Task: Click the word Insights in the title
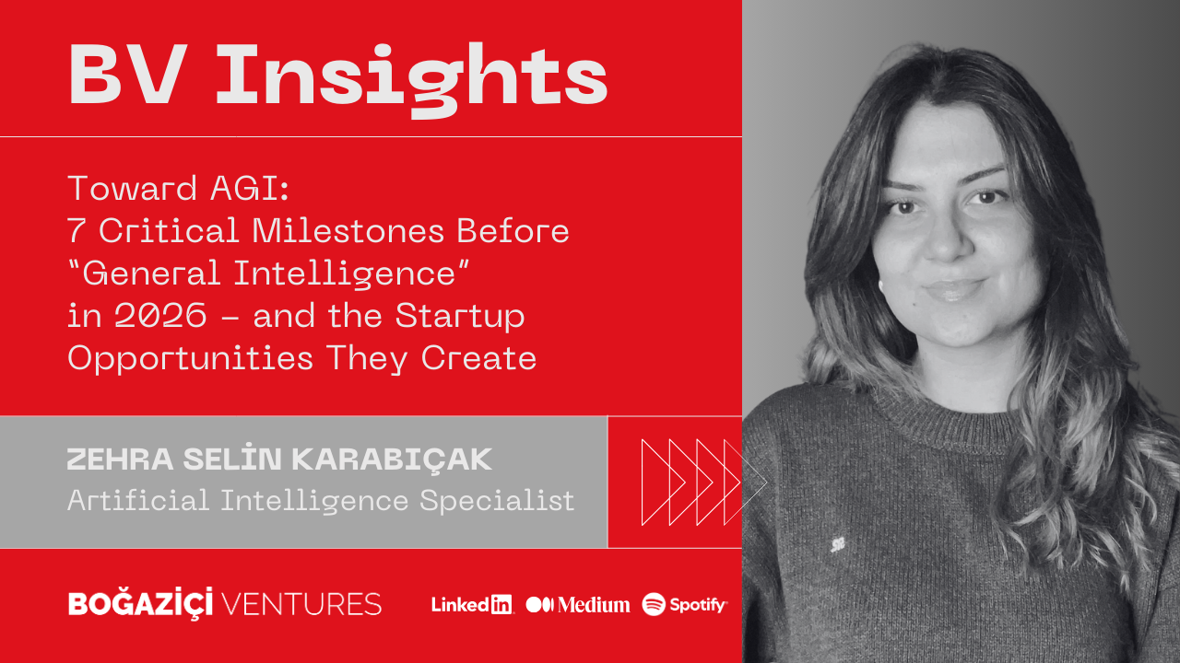pos(411,78)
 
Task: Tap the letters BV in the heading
pos(128,75)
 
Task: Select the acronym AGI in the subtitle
pos(250,189)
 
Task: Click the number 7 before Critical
pos(76,231)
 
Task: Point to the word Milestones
pos(348,231)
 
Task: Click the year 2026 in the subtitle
pos(160,316)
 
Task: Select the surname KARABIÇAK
pos(392,460)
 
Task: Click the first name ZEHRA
pos(120,459)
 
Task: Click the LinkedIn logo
pos(472,605)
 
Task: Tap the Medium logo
pos(577,605)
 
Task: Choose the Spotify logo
pos(684,605)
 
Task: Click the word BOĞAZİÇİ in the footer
pos(141,603)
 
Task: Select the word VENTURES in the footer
pos(301,604)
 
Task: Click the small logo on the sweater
pos(837,544)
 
